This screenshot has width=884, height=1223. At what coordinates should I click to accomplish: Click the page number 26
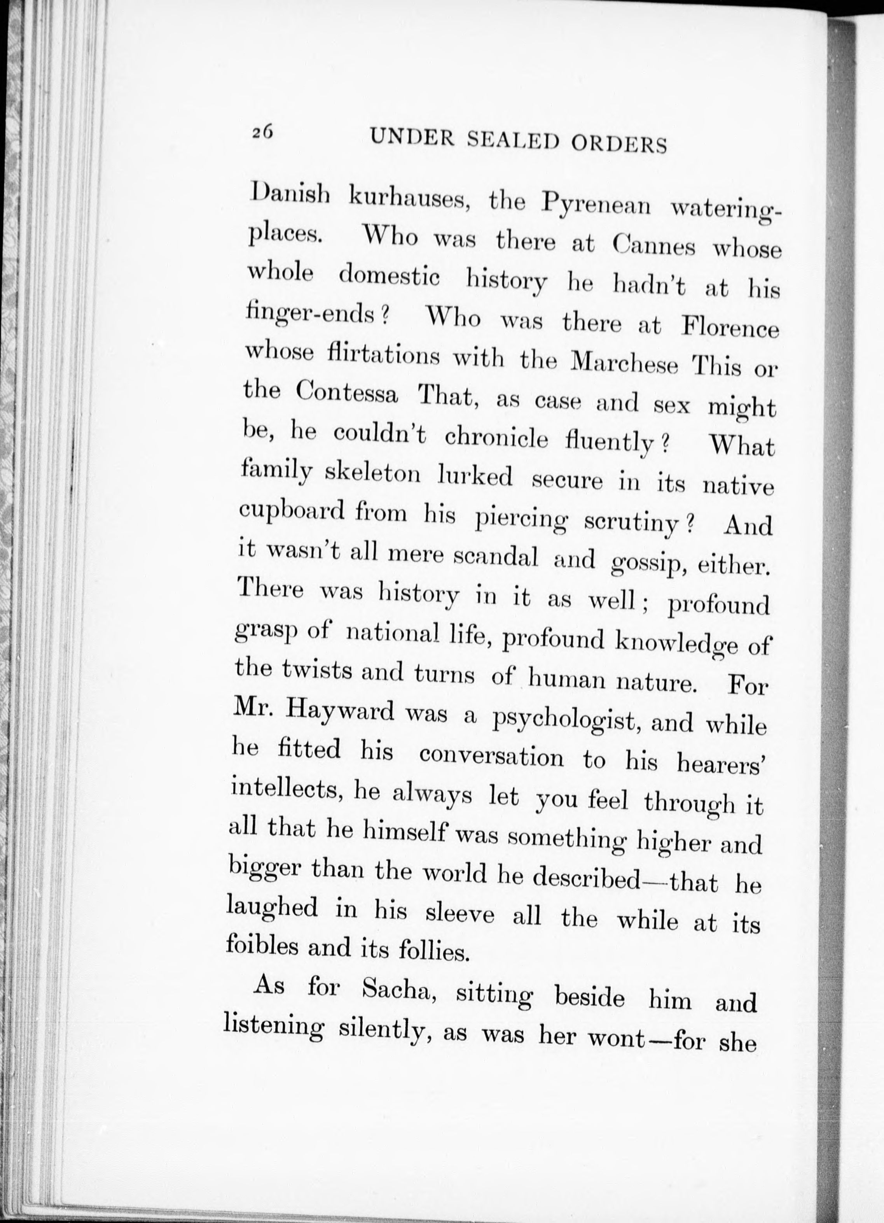262,132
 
